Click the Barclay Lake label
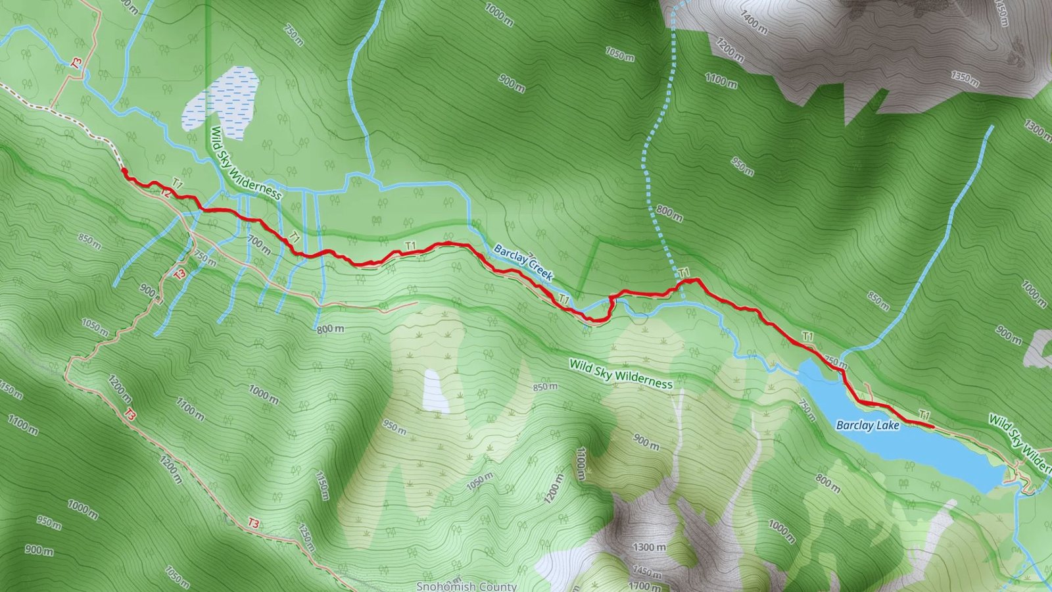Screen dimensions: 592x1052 [x=867, y=426]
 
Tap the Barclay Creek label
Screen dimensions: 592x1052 [x=523, y=262]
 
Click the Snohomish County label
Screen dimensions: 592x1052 [x=467, y=585]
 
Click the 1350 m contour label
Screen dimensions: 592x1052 [x=965, y=79]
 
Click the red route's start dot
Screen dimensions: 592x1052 [x=124, y=171]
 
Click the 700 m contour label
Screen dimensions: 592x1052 [x=259, y=245]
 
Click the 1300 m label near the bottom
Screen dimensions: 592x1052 [x=648, y=547]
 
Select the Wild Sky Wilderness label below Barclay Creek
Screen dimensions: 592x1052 [x=621, y=374]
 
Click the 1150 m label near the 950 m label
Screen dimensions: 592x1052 [x=322, y=485]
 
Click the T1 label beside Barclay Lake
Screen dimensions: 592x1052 [x=924, y=415]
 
